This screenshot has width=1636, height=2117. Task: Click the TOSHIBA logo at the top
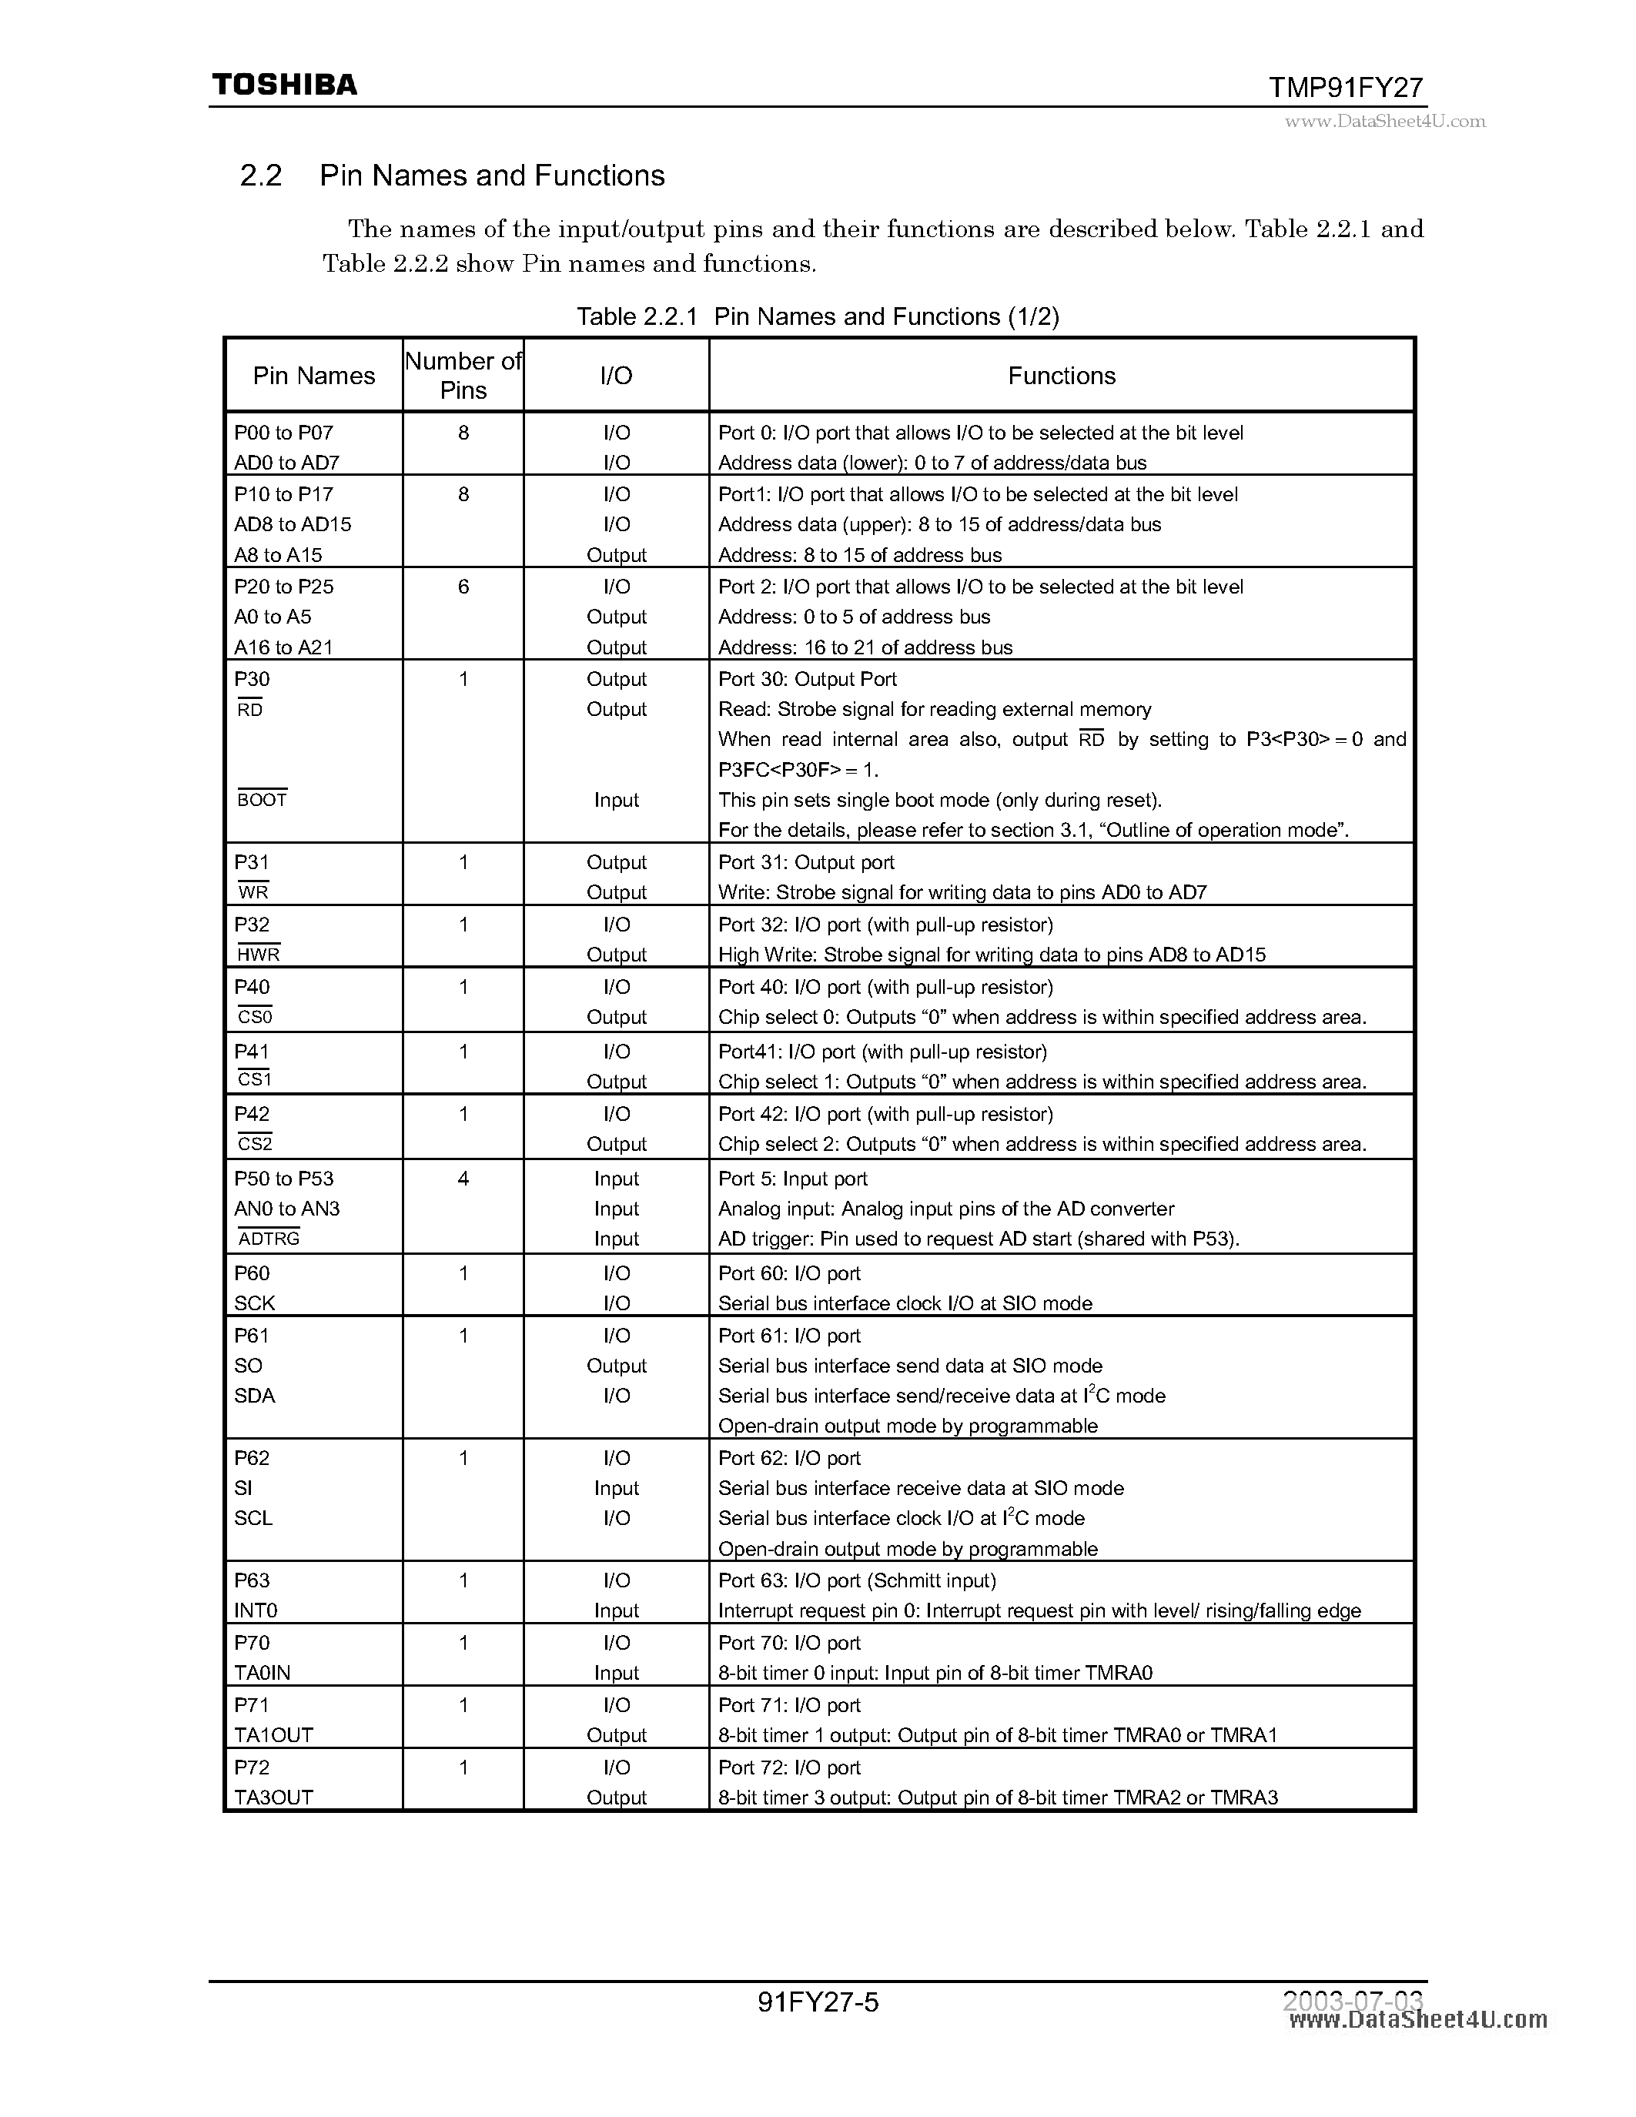tap(284, 85)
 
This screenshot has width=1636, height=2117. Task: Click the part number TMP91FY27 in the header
tap(1347, 89)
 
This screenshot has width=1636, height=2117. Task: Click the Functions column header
tap(1061, 376)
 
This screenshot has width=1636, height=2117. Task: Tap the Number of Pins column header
tap(463, 376)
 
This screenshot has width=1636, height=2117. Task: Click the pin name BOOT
tap(262, 801)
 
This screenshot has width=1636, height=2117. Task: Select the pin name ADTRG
tap(269, 1239)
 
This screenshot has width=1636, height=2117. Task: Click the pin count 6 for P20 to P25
tap(463, 587)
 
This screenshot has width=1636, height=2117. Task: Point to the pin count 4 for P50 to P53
tap(463, 1179)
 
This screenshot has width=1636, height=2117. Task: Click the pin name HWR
tap(258, 955)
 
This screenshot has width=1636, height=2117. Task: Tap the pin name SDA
tap(255, 1396)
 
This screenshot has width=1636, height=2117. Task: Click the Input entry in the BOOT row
tap(617, 801)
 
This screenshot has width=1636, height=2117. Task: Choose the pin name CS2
tap(255, 1144)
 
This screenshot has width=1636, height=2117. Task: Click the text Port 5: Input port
tap(792, 1179)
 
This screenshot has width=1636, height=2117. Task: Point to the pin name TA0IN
tap(262, 1672)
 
